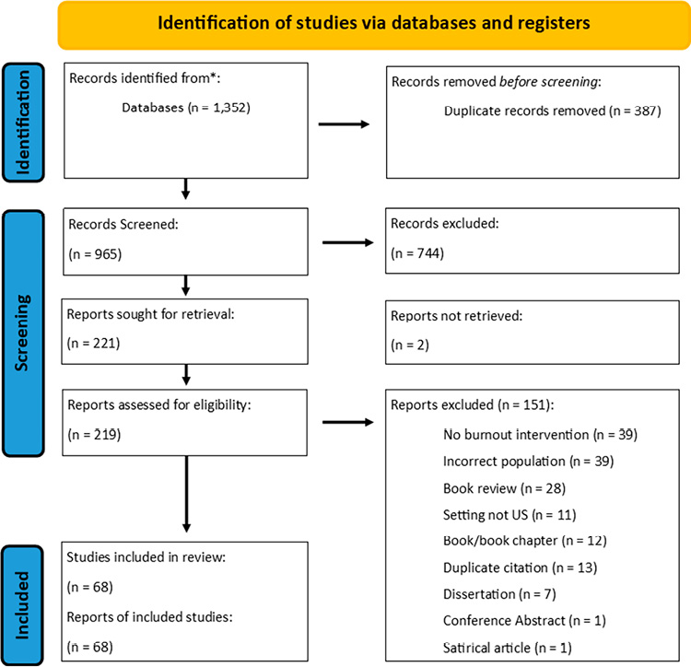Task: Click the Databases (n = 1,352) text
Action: (x=184, y=106)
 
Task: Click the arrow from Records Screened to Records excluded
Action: (x=345, y=244)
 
